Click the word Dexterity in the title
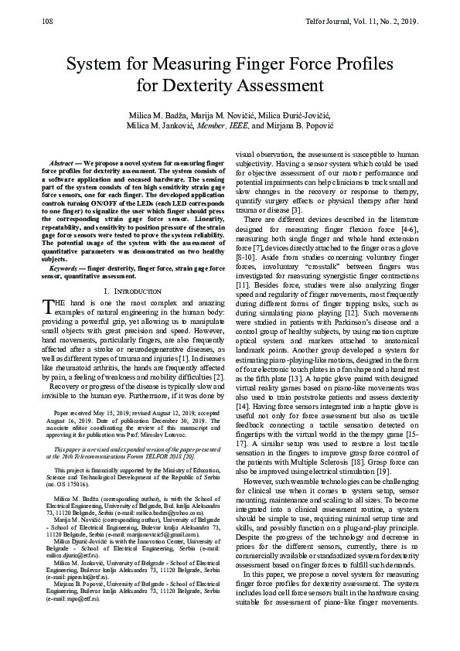coord(199,84)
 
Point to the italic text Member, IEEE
coord(227,126)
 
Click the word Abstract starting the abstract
coord(62,164)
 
